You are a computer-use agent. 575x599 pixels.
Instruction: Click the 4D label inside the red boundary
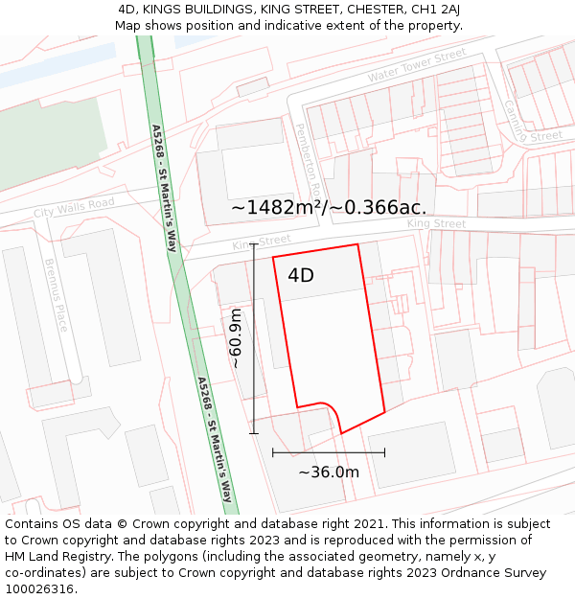coord(301,276)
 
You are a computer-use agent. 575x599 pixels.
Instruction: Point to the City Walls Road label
coord(74,207)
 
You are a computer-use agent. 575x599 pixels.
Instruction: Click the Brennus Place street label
coord(57,294)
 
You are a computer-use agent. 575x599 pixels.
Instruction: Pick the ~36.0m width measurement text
coord(329,472)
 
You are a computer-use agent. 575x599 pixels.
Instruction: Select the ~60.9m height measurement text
coord(236,337)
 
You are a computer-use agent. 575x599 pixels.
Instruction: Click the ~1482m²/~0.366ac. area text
coord(329,207)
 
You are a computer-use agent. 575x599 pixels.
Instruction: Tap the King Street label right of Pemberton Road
coord(436,224)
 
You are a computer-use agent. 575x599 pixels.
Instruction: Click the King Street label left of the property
coord(262,243)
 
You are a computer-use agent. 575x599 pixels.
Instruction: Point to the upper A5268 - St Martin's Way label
coord(164,188)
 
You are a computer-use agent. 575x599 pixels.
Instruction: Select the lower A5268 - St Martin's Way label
coord(216,439)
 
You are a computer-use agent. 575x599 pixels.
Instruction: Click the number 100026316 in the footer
coord(41,588)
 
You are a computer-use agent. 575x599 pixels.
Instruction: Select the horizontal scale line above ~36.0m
coord(329,452)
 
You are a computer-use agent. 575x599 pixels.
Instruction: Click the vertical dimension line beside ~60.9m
coord(254,338)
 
